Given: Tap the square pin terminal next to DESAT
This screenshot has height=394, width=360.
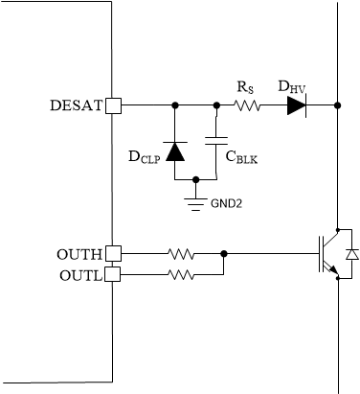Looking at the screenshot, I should (112, 105).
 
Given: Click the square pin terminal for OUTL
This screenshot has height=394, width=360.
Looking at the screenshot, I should (112, 275).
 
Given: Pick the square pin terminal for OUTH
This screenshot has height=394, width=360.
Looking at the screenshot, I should (112, 254).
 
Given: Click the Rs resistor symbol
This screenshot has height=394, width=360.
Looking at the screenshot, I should (248, 105).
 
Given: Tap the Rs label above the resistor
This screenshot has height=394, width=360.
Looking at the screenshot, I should (245, 87).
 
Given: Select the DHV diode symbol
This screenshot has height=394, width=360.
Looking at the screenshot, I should (297, 105).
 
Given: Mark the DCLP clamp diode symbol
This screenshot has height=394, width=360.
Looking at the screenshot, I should (175, 151).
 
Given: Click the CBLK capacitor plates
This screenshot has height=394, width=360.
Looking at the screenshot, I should (216, 142).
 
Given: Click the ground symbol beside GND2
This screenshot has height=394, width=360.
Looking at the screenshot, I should (196, 199).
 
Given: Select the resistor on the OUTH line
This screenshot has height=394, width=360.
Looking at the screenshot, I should (181, 254).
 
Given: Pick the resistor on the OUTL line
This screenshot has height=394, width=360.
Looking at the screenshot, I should (181, 275).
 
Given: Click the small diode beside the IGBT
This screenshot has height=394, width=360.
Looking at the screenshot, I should (351, 254).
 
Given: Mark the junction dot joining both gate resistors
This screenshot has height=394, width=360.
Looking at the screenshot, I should (223, 254).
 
